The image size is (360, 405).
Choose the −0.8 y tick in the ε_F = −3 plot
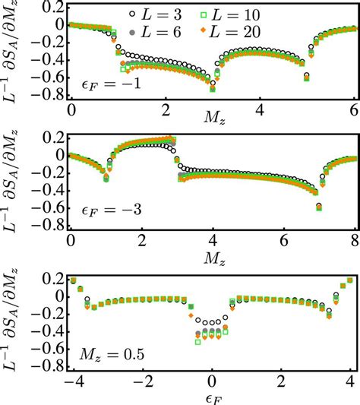[x=48, y=226]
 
